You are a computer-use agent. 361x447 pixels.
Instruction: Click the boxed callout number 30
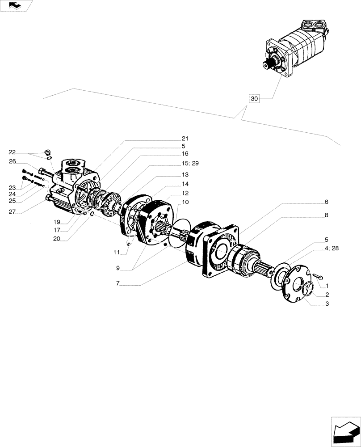(254, 99)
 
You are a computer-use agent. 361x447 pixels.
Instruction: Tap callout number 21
(185, 138)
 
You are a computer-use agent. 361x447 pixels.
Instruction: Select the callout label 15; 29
(190, 164)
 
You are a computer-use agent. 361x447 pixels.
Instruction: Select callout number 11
(117, 253)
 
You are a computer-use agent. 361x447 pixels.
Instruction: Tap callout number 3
(327, 304)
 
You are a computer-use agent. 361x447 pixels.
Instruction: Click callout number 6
(327, 202)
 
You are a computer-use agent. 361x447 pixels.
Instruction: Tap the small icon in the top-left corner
(16, 5)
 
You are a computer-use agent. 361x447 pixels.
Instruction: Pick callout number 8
(327, 215)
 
